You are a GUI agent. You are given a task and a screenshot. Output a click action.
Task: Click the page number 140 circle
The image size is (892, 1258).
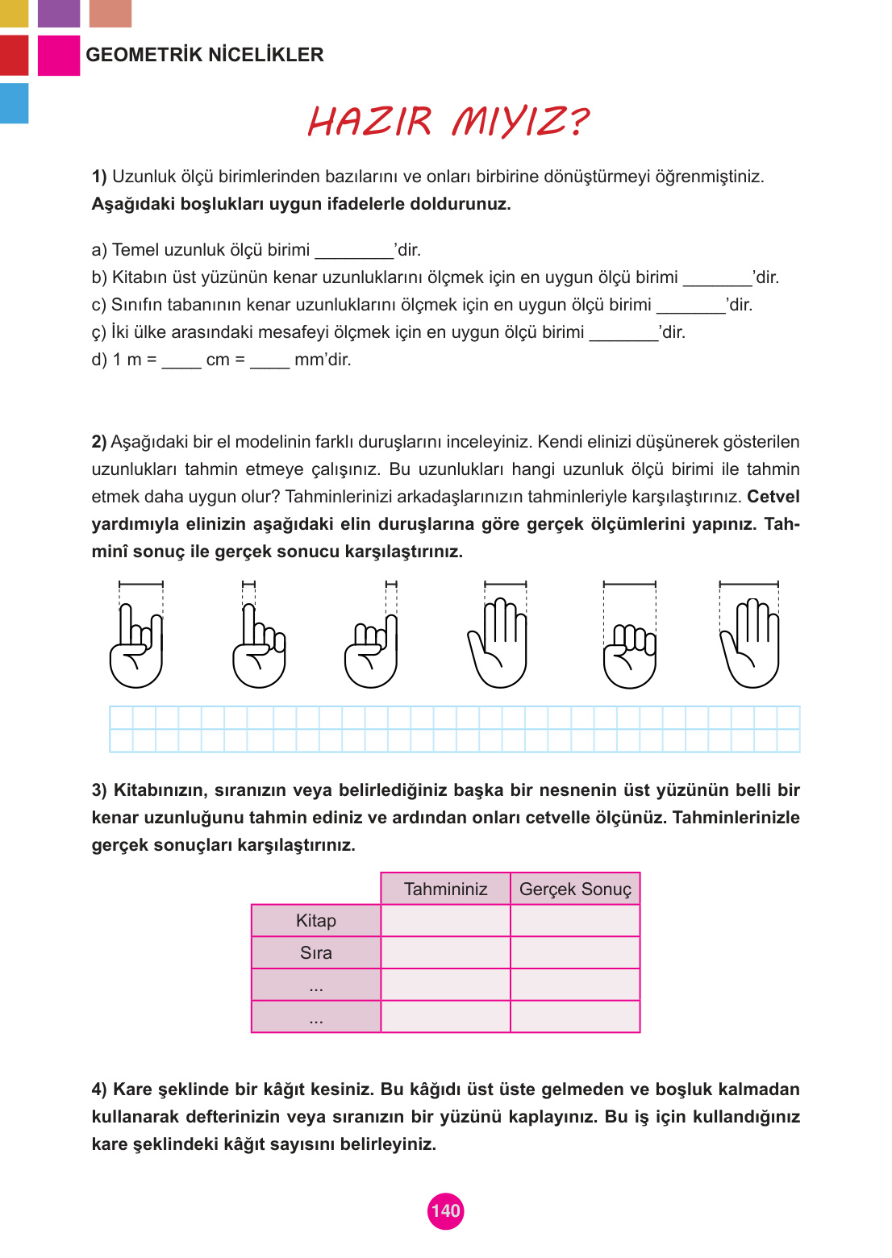pyautogui.click(x=445, y=1210)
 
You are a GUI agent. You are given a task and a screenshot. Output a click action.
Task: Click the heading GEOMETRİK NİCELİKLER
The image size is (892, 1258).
pyautogui.click(x=205, y=55)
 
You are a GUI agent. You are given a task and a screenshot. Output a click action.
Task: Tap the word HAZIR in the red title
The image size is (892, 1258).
pyautogui.click(x=370, y=122)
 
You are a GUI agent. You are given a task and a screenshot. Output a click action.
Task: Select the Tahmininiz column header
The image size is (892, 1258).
pyautogui.click(x=445, y=889)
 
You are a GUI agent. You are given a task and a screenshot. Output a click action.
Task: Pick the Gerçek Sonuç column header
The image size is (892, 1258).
pyautogui.click(x=575, y=889)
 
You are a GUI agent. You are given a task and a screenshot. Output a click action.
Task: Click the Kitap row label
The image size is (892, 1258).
pyautogui.click(x=315, y=920)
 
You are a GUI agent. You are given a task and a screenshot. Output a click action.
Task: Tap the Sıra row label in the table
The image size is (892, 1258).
pyautogui.click(x=315, y=952)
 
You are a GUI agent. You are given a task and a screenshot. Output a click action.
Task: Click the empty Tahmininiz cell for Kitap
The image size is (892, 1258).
pyautogui.click(x=445, y=920)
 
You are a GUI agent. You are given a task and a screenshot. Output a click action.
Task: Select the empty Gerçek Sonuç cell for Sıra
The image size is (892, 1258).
pyautogui.click(x=575, y=952)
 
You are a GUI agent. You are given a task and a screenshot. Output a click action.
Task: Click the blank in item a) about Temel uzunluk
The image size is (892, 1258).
pyautogui.click(x=353, y=251)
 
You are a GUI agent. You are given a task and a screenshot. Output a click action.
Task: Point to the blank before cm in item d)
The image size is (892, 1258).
pyautogui.click(x=181, y=360)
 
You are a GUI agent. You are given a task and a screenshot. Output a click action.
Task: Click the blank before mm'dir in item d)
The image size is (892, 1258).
pyautogui.click(x=269, y=360)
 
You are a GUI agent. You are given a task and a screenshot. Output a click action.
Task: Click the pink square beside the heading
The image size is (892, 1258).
pyautogui.click(x=59, y=56)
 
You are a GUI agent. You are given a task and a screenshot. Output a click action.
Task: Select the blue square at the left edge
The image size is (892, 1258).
pyautogui.click(x=14, y=103)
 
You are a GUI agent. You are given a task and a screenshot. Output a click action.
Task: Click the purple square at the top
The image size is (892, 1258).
pyautogui.click(x=59, y=13)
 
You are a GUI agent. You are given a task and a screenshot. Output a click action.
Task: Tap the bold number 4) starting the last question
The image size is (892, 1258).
pyautogui.click(x=99, y=1089)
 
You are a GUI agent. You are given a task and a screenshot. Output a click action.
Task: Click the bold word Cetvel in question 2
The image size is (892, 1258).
pyautogui.click(x=773, y=497)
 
